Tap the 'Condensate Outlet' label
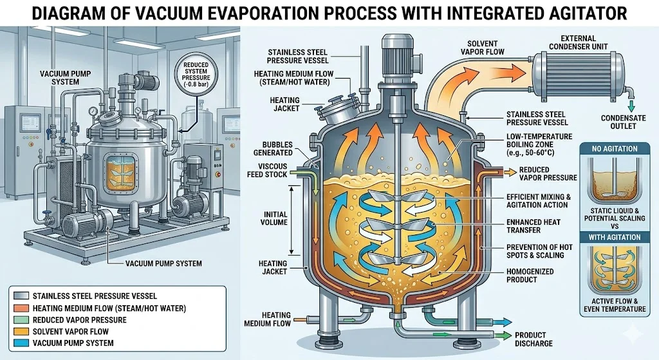627,122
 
